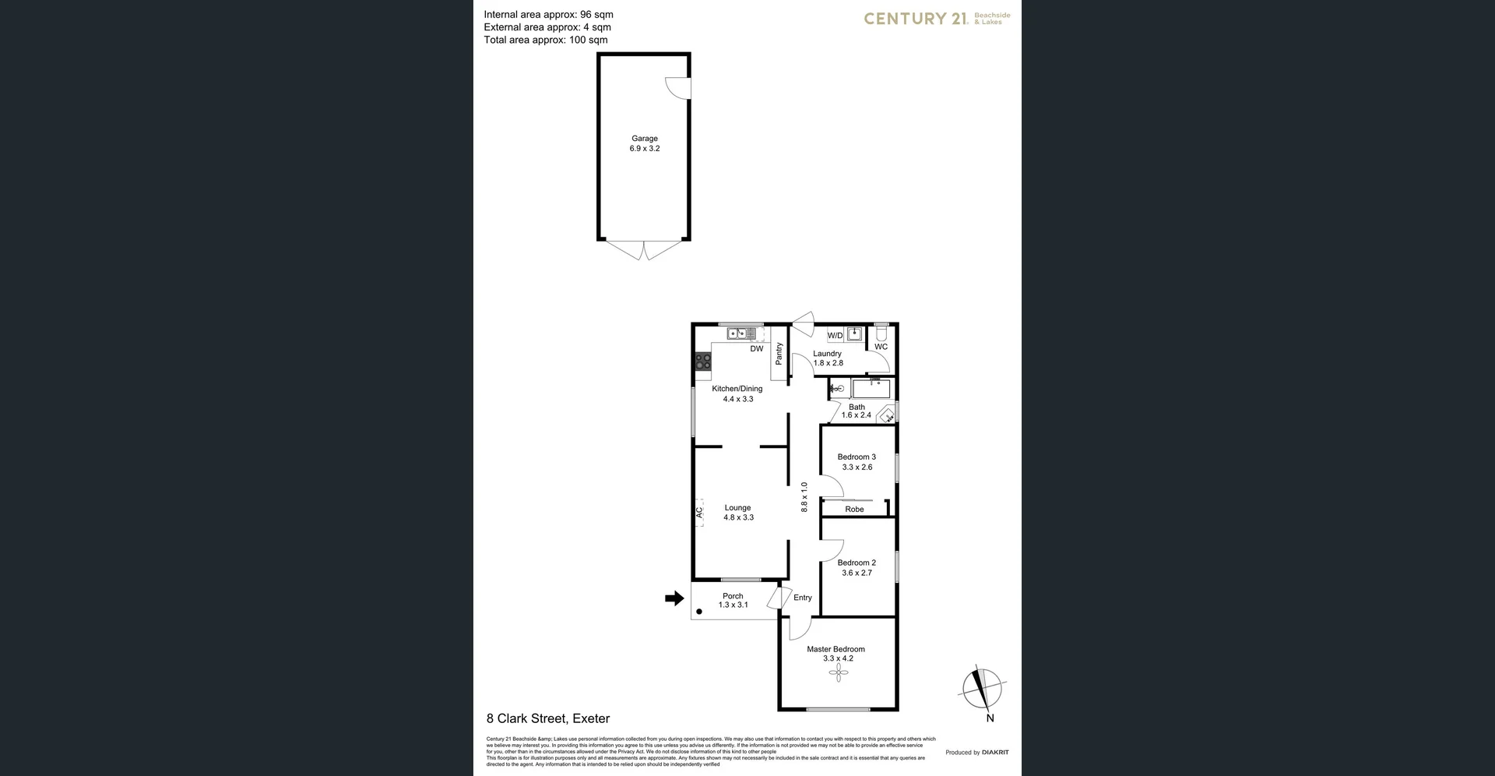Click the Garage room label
click(644, 139)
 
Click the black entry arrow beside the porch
click(674, 598)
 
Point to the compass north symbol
click(982, 690)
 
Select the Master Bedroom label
click(835, 649)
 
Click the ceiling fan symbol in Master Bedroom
click(838, 672)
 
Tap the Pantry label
click(779, 354)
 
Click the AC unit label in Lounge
click(699, 513)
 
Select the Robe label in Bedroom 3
click(854, 510)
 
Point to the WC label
click(881, 347)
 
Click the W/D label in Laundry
click(835, 336)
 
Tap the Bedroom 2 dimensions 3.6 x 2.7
click(857, 573)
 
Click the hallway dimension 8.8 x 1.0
click(804, 496)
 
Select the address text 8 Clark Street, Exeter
click(547, 718)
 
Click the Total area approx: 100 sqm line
click(545, 40)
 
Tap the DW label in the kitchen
click(757, 349)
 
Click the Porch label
click(733, 596)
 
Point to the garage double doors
click(644, 250)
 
